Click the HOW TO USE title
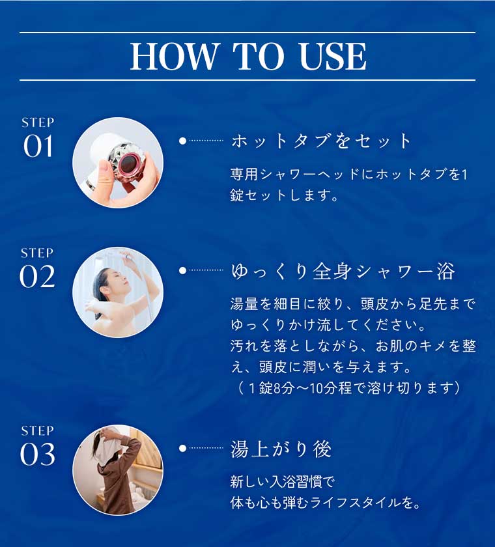coord(247,57)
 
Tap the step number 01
coord(38,147)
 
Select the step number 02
coord(38,277)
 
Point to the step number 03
coord(38,455)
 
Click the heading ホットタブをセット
coord(322,141)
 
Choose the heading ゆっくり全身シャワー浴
coord(343,272)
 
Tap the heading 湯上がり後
coord(281,449)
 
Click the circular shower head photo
coord(118,163)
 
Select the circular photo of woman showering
coord(118,292)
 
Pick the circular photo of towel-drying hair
coord(118,470)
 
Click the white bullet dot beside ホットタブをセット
coord(182,141)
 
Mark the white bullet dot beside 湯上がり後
coord(182,448)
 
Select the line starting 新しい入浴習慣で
coord(282,483)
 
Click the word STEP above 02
coord(38,253)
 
